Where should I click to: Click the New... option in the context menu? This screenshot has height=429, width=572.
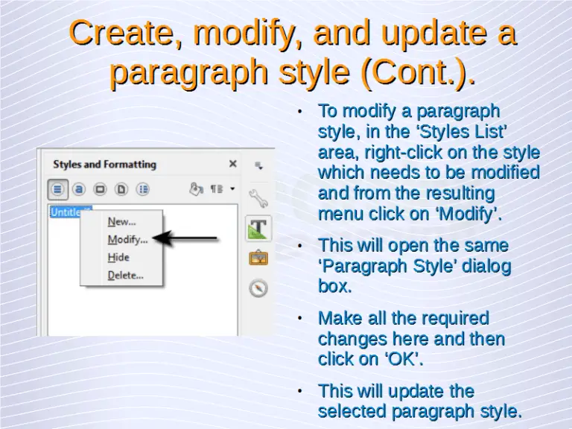121,221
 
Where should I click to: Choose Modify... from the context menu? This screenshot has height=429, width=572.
127,239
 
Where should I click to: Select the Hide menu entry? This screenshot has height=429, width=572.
118,257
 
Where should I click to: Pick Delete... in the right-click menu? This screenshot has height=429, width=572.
125,275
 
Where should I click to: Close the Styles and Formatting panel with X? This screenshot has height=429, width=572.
233,164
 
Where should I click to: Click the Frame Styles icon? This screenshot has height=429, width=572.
101,188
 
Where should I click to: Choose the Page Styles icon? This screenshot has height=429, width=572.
122,188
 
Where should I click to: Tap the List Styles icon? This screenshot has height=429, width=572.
144,188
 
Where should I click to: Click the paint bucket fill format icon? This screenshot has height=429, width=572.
196,188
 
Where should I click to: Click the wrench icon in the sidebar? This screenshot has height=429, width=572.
258,197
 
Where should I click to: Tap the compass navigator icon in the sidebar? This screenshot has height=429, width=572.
258,288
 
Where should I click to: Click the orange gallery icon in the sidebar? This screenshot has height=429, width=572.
258,258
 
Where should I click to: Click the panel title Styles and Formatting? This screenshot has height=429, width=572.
104,164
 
